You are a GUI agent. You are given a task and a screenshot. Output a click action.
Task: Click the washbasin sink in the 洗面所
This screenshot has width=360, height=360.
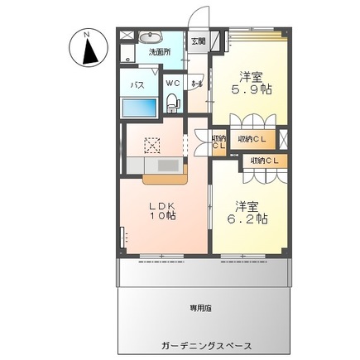pyautogui.click(x=150, y=37)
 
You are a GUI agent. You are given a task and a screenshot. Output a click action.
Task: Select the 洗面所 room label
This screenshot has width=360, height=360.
pyautogui.click(x=159, y=51)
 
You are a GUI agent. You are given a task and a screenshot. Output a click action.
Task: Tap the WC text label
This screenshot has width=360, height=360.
pyautogui.click(x=174, y=84)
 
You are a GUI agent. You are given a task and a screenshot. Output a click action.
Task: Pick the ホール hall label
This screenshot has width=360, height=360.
pyautogui.click(x=197, y=84)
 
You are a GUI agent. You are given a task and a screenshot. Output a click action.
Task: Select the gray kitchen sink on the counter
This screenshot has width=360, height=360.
pyautogui.click(x=167, y=165)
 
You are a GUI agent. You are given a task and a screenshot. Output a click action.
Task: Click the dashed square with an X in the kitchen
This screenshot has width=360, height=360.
pyautogui.click(x=151, y=144)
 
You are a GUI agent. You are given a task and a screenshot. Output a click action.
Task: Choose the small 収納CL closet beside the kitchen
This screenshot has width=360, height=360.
pyautogui.click(x=218, y=143)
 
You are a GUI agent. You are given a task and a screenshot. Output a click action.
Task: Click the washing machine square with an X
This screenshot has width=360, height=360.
pyautogui.click(x=127, y=56)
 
